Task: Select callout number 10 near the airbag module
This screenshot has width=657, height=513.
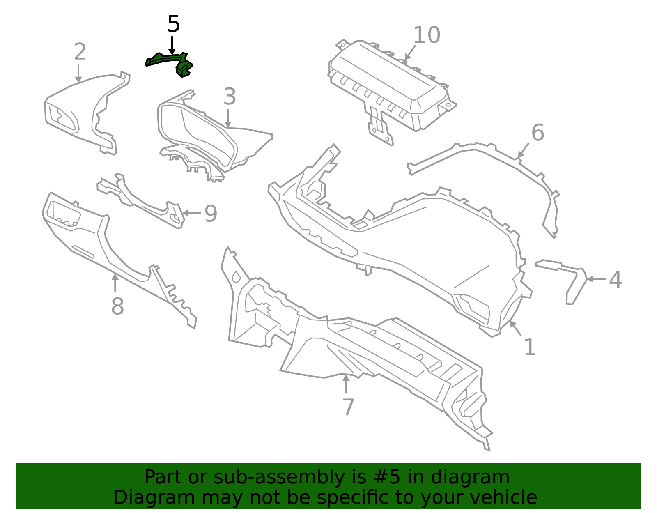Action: (427, 35)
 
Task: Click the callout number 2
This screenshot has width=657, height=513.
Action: (80, 52)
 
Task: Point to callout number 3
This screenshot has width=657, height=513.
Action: (230, 97)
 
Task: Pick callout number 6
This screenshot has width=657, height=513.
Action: (538, 133)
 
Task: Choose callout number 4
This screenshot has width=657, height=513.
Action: (615, 280)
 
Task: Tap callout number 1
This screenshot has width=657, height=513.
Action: (530, 347)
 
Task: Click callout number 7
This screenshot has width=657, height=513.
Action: (348, 407)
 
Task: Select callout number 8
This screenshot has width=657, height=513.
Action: (117, 306)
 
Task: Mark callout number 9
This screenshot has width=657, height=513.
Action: (211, 214)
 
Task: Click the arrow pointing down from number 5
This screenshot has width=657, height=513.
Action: (172, 45)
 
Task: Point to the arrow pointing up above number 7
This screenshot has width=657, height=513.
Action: (346, 384)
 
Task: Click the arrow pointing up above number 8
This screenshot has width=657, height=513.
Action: (115, 283)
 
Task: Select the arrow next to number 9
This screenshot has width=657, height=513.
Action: (191, 213)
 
